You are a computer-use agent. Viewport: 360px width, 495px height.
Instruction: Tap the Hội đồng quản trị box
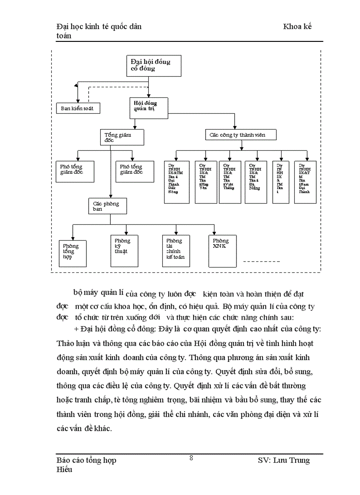[149, 108]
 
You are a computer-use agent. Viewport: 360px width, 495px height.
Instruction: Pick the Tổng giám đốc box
[122, 137]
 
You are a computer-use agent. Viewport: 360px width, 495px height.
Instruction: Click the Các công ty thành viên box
[241, 134]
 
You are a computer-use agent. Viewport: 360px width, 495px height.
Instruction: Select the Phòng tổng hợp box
[73, 253]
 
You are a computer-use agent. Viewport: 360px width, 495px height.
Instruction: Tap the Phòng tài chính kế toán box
[176, 250]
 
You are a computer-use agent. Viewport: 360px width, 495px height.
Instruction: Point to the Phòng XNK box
[222, 250]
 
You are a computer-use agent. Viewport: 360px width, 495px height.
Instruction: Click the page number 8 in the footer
[191, 458]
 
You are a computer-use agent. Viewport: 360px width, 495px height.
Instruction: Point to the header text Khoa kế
[297, 26]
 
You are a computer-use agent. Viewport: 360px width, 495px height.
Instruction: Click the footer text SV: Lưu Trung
[284, 460]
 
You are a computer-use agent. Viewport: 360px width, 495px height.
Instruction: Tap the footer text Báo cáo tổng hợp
[86, 460]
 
